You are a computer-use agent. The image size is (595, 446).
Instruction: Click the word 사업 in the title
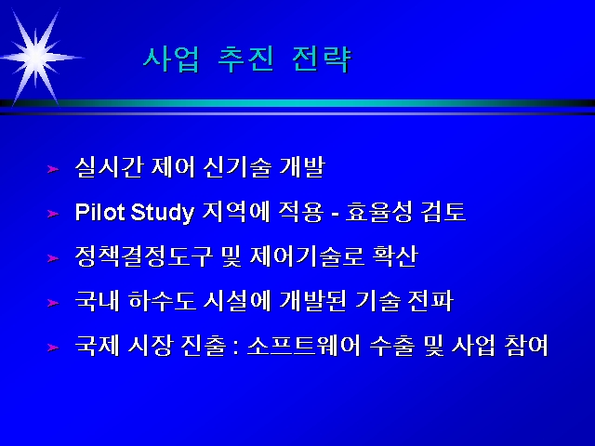[x=171, y=59]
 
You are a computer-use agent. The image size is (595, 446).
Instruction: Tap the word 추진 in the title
[x=245, y=59]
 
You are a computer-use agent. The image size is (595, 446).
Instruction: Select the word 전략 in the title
[x=323, y=59]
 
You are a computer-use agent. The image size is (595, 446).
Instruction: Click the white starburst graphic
[x=37, y=58]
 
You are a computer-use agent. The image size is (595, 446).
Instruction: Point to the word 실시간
[x=110, y=167]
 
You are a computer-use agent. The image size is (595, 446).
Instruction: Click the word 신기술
[x=238, y=167]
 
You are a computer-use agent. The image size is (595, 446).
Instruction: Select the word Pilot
[x=100, y=212]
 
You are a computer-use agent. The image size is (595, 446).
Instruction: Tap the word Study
[x=163, y=213]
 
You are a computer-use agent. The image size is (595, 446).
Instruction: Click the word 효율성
[x=379, y=212]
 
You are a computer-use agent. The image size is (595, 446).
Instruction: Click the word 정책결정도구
[x=144, y=256]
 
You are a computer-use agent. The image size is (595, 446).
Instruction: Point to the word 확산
[x=395, y=256]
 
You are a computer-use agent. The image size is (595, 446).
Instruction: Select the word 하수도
[x=163, y=301]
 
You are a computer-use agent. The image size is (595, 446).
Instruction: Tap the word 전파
[x=430, y=301]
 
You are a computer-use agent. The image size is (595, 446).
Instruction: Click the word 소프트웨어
[x=304, y=346]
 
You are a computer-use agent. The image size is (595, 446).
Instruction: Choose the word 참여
[x=527, y=346]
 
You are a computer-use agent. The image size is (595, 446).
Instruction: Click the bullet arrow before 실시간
[x=53, y=169]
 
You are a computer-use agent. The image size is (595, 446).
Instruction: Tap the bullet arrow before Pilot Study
[x=53, y=214]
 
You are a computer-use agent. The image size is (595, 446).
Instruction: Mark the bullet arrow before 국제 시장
[x=53, y=348]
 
